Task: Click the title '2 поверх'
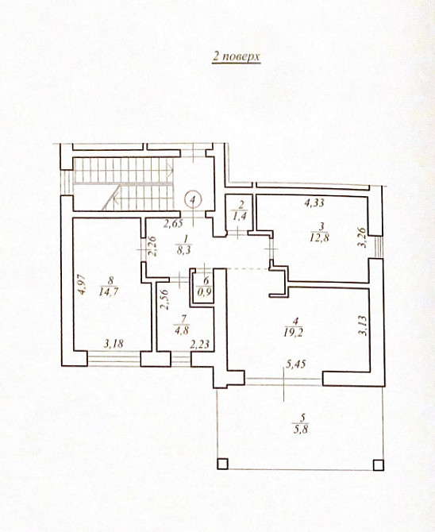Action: (237, 56)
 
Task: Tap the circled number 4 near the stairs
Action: (193, 199)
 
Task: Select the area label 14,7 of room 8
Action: (109, 291)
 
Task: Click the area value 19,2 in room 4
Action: (294, 333)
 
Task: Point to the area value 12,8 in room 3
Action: (319, 237)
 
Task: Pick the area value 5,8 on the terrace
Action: (301, 430)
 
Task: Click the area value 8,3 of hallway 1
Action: (184, 250)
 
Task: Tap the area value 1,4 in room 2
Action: (240, 216)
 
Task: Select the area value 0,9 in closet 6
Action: (205, 292)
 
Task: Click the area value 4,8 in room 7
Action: (182, 330)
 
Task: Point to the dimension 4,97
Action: (83, 284)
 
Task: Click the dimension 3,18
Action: (114, 344)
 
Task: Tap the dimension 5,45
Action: (296, 364)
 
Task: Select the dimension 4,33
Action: (314, 203)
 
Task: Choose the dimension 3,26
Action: (363, 237)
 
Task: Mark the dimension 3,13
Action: (363, 326)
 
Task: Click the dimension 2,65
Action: (173, 223)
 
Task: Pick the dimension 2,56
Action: (164, 299)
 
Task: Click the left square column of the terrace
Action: (222, 464)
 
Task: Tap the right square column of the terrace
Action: (379, 465)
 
